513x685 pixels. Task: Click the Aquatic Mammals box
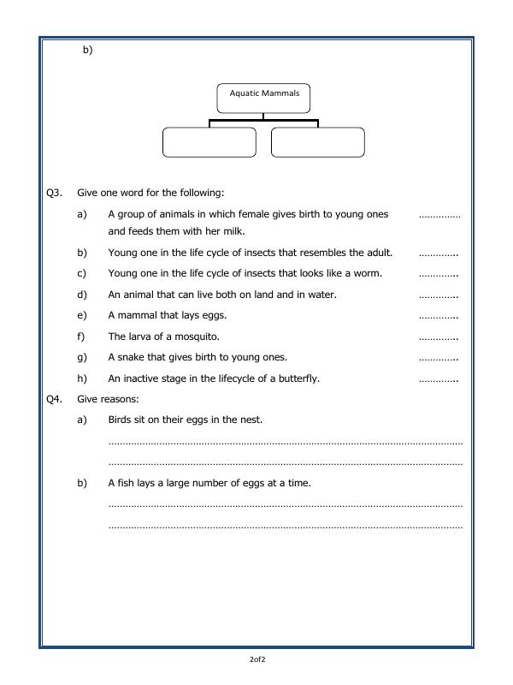[263, 98]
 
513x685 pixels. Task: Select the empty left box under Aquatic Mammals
[209, 142]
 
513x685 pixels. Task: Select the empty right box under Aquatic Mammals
[317, 142]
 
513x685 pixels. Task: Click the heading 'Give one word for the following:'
[150, 194]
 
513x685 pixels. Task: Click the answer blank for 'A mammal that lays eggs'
[439, 316]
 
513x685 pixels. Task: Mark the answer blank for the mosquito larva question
[439, 337]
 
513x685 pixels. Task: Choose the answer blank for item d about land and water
[439, 295]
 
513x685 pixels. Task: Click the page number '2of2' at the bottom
[256, 659]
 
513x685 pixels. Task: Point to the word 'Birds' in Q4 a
[121, 420]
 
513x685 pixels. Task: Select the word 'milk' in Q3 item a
[210, 231]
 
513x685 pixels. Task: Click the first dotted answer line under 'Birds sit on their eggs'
[285, 443]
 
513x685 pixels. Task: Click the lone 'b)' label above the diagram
[87, 50]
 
